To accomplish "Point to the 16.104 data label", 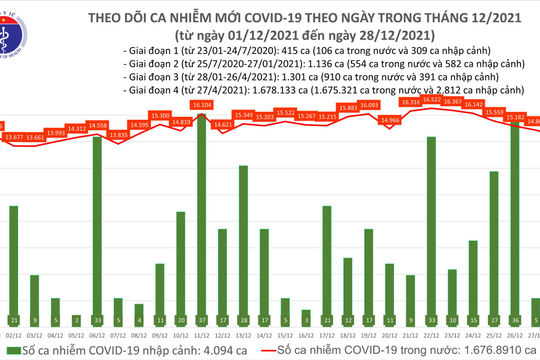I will tap(203, 103).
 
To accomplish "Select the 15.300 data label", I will tap(160, 116).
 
